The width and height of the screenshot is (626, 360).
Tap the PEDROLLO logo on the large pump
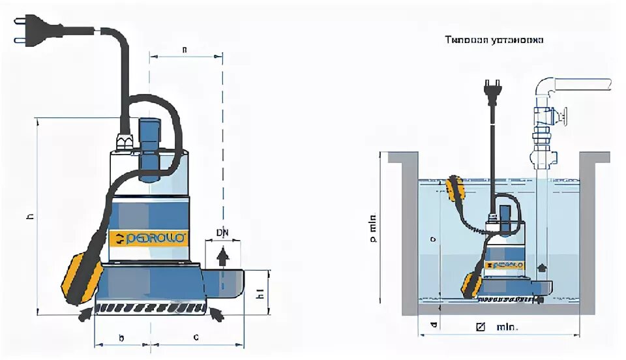(x=148, y=238)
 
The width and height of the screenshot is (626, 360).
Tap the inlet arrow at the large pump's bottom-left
(x=85, y=316)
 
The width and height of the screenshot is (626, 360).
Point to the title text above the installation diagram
(x=494, y=40)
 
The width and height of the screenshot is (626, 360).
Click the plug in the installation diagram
(x=488, y=91)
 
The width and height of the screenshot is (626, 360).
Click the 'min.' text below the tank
(x=507, y=327)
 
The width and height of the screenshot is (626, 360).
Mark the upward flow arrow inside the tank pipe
(x=540, y=268)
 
